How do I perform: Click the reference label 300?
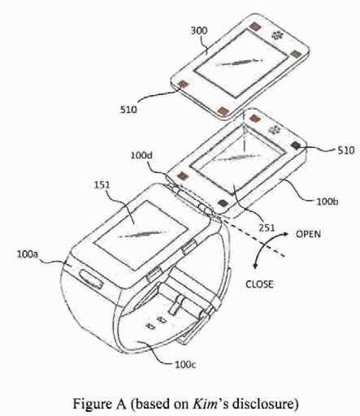tap(199, 31)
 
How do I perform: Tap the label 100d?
tap(141, 155)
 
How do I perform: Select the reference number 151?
tap(102, 185)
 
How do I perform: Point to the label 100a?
tap(28, 254)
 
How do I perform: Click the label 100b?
tap(327, 201)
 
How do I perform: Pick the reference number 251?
tap(267, 227)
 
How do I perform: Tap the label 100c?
tap(185, 365)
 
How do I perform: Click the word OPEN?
tap(308, 234)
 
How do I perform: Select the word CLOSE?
tap(259, 284)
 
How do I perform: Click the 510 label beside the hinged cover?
tap(346, 150)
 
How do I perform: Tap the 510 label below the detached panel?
tap(128, 110)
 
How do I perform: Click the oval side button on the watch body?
tap(91, 279)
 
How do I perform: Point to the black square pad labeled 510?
tap(296, 145)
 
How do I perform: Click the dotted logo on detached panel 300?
tap(277, 35)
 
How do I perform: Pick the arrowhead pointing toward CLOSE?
tap(254, 266)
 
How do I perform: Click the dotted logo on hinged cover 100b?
tap(274, 130)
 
